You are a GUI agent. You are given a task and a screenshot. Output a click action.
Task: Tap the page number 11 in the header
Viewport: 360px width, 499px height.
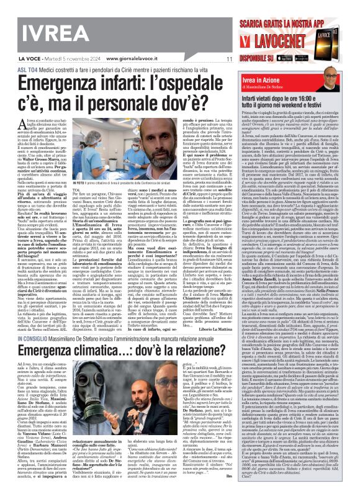[228, 60]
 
